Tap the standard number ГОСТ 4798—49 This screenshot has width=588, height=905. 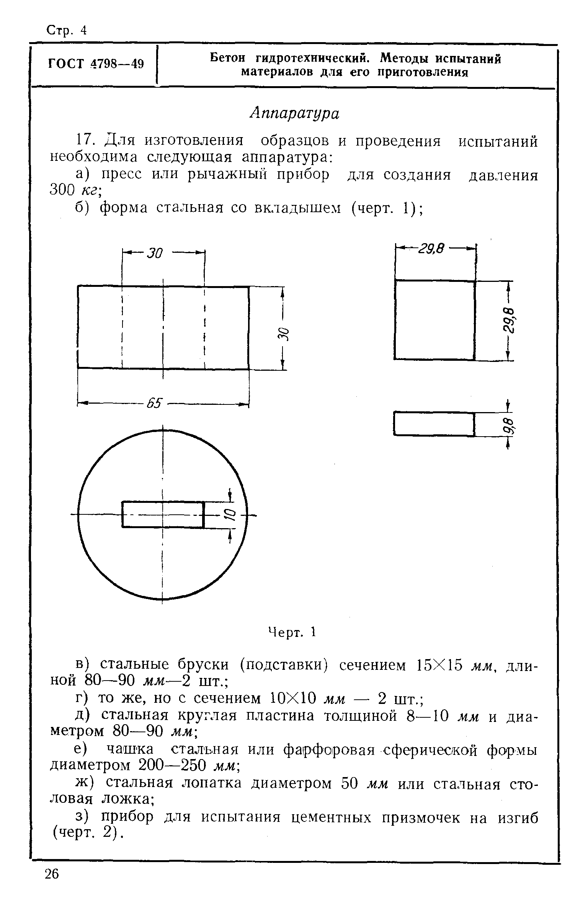click(x=96, y=64)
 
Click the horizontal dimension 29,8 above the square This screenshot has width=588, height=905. click(x=431, y=249)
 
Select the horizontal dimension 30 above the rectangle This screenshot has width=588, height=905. click(x=155, y=253)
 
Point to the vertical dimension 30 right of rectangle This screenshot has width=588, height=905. click(x=283, y=334)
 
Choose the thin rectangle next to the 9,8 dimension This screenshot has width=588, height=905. click(x=434, y=424)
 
